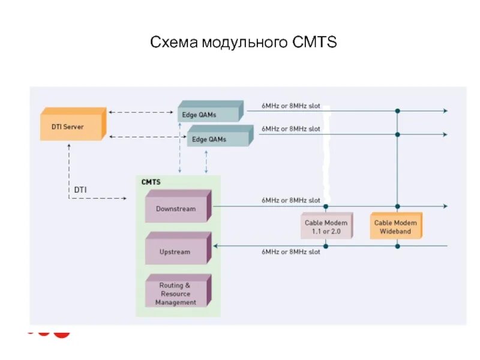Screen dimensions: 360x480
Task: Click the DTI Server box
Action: click(x=71, y=126)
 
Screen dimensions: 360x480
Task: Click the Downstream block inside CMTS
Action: click(x=176, y=208)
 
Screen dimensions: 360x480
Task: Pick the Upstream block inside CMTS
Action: click(x=176, y=251)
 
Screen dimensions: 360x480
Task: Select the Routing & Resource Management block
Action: click(x=176, y=293)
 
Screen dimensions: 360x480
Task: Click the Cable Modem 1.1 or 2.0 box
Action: click(x=326, y=226)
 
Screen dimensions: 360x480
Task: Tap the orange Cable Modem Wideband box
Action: click(x=395, y=226)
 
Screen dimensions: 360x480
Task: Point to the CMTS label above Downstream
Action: click(x=151, y=181)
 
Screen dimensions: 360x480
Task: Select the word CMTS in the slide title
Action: click(x=316, y=43)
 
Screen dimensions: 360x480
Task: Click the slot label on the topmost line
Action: click(x=290, y=106)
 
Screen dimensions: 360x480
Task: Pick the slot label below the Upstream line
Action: click(x=290, y=252)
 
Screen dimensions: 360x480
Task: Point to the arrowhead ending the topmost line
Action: click(x=445, y=111)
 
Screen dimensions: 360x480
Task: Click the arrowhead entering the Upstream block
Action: click(x=216, y=245)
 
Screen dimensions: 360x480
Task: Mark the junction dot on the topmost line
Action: click(x=397, y=111)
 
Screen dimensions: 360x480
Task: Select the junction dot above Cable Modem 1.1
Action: click(x=326, y=206)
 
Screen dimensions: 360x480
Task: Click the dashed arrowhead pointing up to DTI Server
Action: click(x=70, y=145)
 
